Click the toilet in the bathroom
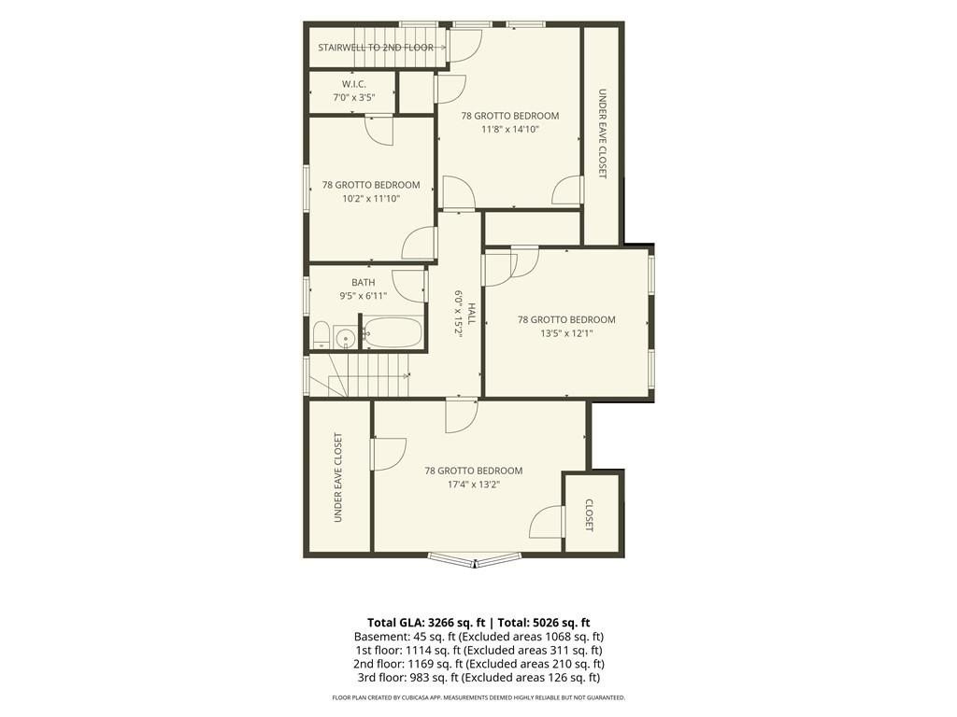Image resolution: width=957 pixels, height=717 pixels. [321, 336]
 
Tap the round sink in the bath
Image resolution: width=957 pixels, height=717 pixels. [346, 337]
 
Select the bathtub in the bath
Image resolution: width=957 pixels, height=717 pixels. [393, 332]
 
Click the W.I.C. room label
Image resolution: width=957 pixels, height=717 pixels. [354, 84]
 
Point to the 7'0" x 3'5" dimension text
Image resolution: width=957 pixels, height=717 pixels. [354, 97]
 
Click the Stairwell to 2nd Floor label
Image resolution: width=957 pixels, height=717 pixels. [376, 48]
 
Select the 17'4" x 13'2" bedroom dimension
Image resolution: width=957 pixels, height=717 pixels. [474, 485]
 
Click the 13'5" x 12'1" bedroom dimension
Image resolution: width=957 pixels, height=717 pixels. [566, 333]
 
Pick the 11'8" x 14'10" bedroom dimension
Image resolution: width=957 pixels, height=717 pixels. [510, 129]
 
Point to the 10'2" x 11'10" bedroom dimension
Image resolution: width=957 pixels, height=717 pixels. [371, 198]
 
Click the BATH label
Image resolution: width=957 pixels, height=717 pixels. [364, 283]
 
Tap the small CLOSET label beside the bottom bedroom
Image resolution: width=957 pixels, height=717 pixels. [590, 515]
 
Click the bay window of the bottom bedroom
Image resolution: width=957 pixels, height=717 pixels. [474, 559]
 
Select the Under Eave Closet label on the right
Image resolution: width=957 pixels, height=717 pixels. [603, 134]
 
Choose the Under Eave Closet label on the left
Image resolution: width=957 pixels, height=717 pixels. [338, 477]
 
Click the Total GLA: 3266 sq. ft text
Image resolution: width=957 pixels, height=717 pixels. [426, 623]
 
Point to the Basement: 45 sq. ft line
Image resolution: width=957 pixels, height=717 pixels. [479, 637]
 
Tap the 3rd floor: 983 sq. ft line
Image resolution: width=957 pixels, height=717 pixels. [479, 678]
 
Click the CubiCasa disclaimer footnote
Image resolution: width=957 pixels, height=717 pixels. [478, 697]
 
